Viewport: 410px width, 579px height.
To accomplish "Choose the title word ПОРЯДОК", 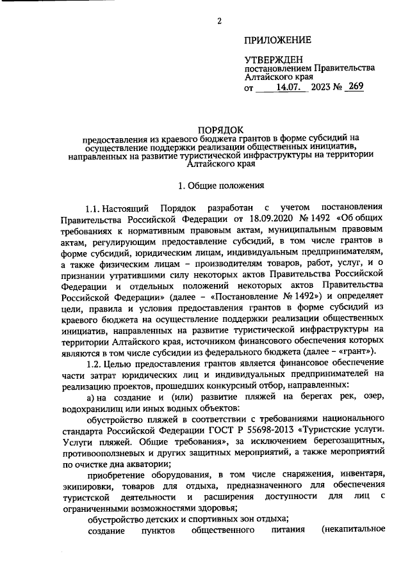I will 220,129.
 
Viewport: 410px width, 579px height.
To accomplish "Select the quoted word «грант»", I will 361,352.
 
